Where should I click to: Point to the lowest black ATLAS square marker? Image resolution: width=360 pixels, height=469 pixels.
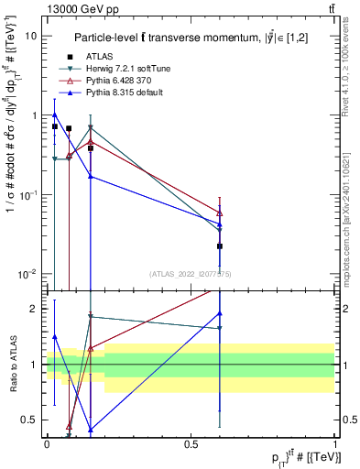coord(220,246)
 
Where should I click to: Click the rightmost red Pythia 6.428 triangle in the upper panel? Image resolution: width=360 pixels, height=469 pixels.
coord(220,213)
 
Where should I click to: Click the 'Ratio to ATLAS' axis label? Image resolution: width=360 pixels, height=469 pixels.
coord(11,364)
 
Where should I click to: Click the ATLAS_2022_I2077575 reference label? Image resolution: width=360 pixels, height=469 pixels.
coord(191,274)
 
